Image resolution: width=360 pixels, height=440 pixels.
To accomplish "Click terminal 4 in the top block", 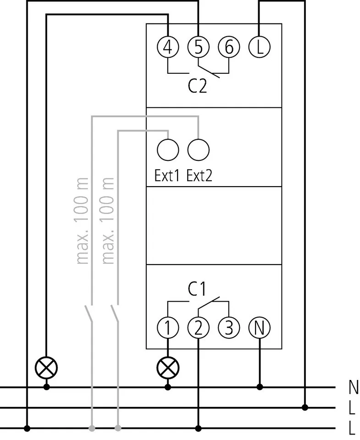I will (x=168, y=47).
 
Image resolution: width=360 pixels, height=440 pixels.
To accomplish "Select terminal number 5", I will (x=199, y=47).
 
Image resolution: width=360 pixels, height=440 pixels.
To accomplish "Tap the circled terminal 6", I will (x=229, y=47).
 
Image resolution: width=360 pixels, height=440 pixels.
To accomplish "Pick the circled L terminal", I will (x=260, y=47).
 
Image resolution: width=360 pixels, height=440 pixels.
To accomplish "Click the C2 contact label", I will (x=198, y=86).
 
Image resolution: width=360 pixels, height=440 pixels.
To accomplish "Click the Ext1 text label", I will (x=167, y=176).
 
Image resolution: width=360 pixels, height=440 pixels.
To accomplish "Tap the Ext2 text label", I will (x=199, y=176).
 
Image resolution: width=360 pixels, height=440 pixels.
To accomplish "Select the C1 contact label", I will (x=197, y=289).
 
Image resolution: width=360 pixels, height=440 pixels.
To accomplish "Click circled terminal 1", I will (x=168, y=327).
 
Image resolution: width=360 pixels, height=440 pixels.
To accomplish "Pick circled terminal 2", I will (x=199, y=327).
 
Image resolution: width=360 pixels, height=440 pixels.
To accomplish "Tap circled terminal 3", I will (x=229, y=327).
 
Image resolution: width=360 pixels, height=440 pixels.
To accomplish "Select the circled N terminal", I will (x=260, y=327).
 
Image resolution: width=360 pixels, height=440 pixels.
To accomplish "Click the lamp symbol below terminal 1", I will (x=168, y=367).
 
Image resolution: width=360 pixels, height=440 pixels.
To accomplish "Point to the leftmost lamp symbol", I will (x=46, y=367).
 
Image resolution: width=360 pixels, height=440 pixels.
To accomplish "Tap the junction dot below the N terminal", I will (x=260, y=387).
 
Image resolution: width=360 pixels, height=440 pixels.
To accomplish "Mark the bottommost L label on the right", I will (x=352, y=429).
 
